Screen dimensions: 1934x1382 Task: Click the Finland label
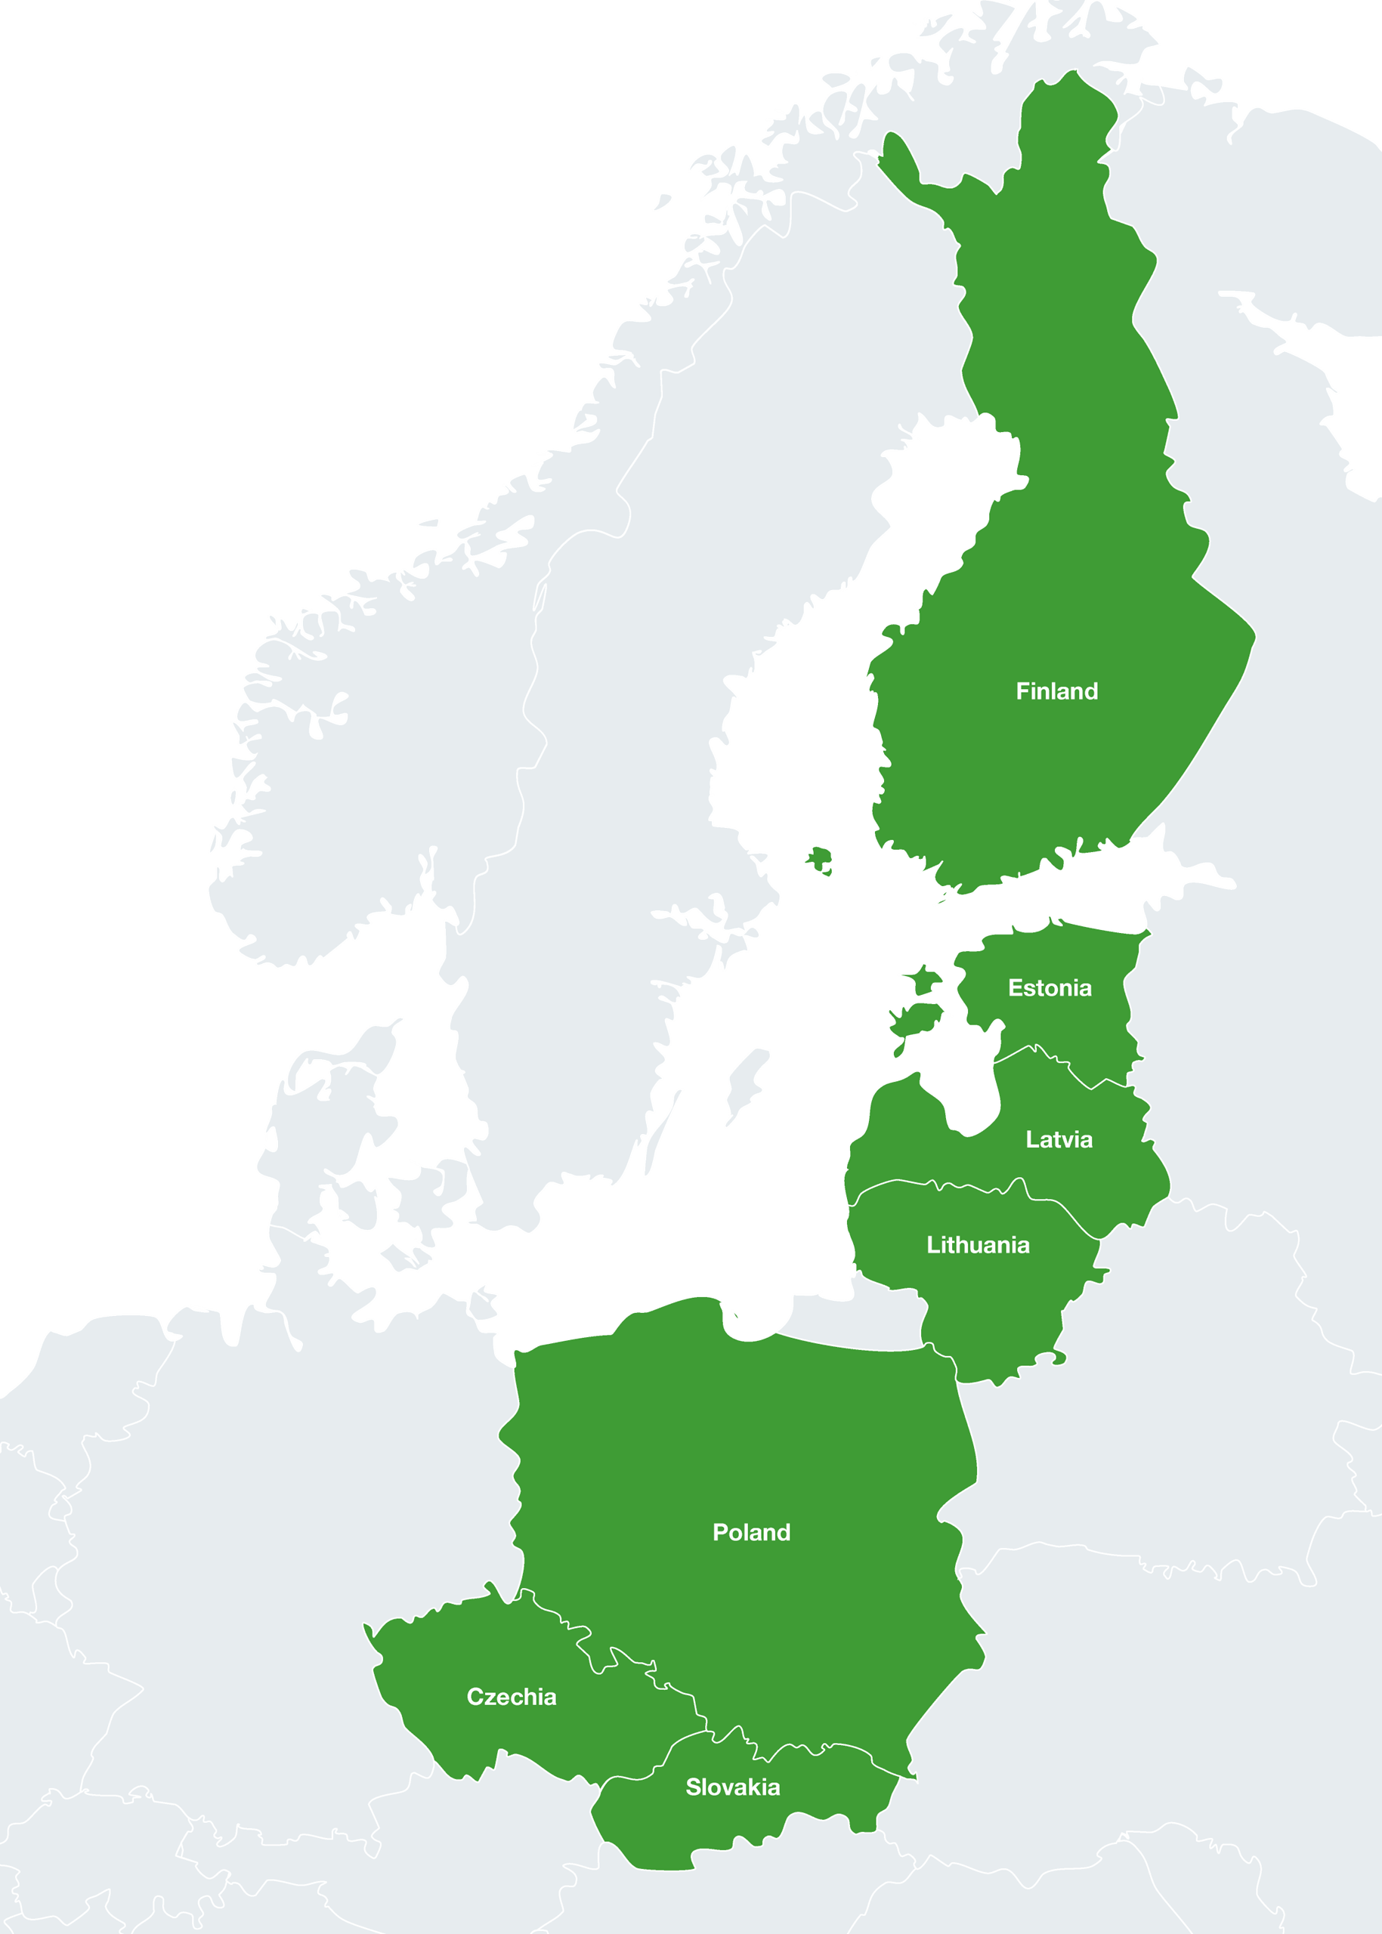coord(1056,691)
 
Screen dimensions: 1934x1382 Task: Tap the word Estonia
coord(1050,988)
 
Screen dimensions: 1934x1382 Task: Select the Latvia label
coord(1059,1139)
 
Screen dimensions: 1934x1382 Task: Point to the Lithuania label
coord(978,1245)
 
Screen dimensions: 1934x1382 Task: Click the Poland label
coord(751,1532)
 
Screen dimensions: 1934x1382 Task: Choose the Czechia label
coord(512,1697)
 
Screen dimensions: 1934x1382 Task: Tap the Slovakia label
coord(733,1787)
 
